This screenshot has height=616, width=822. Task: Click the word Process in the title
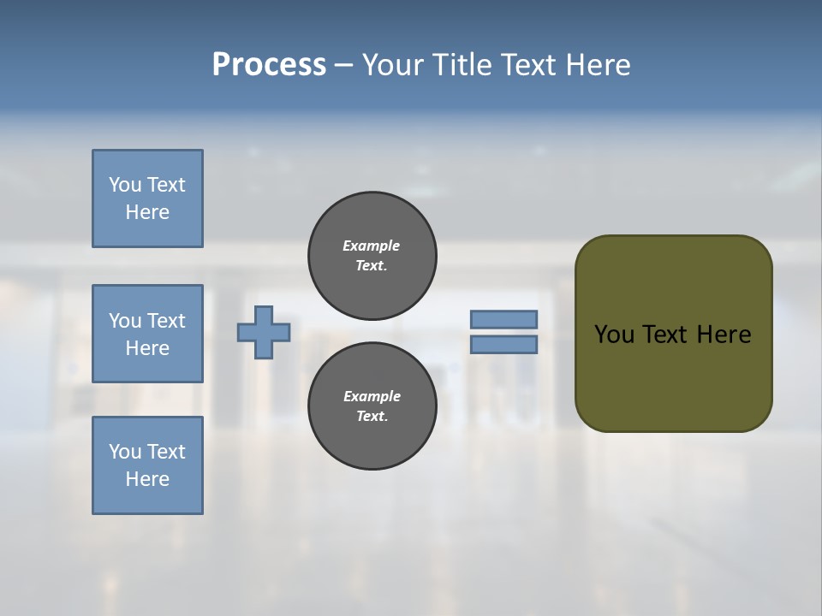(x=269, y=65)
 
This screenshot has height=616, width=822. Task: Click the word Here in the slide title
(x=599, y=65)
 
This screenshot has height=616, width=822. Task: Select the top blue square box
(x=147, y=198)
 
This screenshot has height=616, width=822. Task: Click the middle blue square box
(x=147, y=334)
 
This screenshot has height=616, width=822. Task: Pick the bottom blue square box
(x=147, y=465)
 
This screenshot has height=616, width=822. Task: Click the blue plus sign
(x=264, y=332)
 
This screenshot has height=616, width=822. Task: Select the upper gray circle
(x=372, y=256)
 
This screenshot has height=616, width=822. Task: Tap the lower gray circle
(x=372, y=406)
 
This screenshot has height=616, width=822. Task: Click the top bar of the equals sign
(x=503, y=319)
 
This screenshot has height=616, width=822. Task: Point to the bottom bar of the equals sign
(x=503, y=345)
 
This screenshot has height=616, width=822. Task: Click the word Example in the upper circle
(x=372, y=246)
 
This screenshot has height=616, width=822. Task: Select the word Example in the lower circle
(x=372, y=397)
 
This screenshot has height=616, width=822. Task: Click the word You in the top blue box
(x=124, y=185)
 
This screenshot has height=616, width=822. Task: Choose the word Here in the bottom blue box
(x=147, y=479)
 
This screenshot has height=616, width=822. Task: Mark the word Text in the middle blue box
(x=166, y=321)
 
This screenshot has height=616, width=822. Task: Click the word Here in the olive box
(x=724, y=335)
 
